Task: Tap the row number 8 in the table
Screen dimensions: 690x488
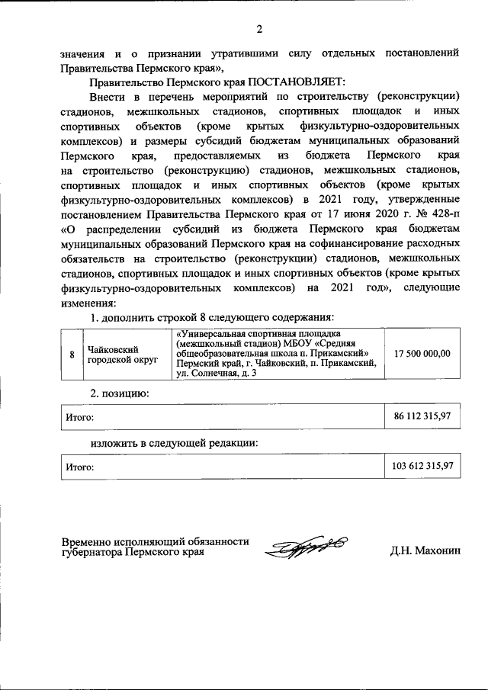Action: (72, 355)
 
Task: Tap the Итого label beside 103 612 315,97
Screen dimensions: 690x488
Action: (79, 466)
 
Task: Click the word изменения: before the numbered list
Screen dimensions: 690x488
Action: (88, 303)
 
